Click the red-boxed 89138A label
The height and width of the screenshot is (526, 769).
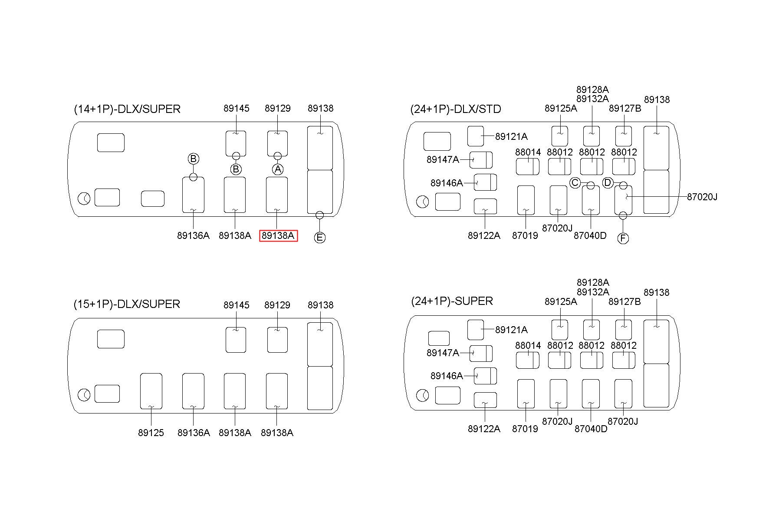[278, 235]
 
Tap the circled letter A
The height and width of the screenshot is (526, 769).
[278, 169]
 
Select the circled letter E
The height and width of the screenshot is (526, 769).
[319, 237]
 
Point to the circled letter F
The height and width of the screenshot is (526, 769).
[623, 238]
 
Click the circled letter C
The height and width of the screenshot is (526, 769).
[575, 183]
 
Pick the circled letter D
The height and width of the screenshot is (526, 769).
[608, 183]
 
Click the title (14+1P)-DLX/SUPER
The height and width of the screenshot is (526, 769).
[127, 109]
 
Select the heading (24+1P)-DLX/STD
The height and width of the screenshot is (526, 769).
[456, 109]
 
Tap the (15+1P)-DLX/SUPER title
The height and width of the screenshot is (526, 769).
[127, 304]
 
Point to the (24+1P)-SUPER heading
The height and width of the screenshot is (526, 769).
[452, 301]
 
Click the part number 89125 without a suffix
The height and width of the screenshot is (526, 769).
[151, 433]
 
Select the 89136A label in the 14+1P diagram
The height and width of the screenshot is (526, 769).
[193, 235]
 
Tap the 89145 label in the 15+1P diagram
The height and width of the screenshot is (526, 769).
[237, 305]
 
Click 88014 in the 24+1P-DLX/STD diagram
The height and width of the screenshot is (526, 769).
[528, 152]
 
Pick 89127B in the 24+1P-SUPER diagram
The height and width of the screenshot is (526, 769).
[624, 301]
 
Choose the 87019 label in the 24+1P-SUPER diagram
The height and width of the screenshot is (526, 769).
[525, 429]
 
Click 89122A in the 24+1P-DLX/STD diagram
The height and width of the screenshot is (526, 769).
[484, 235]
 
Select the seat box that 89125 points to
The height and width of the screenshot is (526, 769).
[151, 390]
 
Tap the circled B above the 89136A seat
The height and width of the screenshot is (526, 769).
[194, 159]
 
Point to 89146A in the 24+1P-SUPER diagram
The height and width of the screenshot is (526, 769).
[447, 376]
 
